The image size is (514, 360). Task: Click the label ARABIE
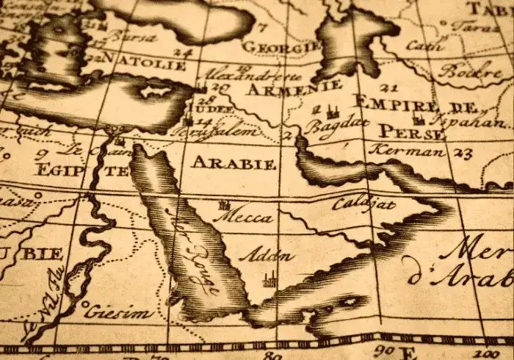(233, 162)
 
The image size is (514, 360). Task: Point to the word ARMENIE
(282, 90)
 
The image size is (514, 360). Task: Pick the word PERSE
(411, 132)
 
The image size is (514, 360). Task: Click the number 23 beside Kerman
(462, 154)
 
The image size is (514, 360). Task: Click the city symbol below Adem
(269, 278)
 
